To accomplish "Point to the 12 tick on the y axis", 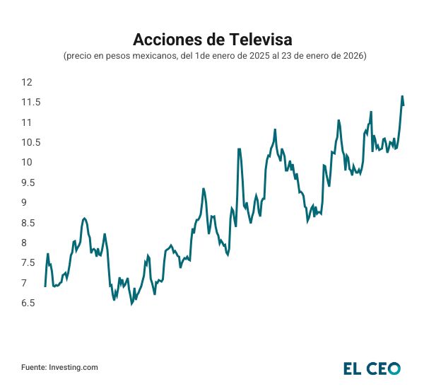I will coord(28,83).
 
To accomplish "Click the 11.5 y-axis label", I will coord(30,103).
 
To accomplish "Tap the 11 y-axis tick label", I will coord(27,122).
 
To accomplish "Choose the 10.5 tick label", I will coord(30,142).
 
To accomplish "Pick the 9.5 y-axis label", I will coord(30,182).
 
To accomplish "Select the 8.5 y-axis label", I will coord(30,223).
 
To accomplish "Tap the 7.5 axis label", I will coord(30,263).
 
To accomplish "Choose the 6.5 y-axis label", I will coord(30,303).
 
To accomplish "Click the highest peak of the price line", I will coord(402,96).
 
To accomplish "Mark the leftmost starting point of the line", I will coord(45,286).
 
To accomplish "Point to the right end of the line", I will coord(404,105).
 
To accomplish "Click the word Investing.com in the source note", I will coord(73,367).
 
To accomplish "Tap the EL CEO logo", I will coord(372,368).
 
